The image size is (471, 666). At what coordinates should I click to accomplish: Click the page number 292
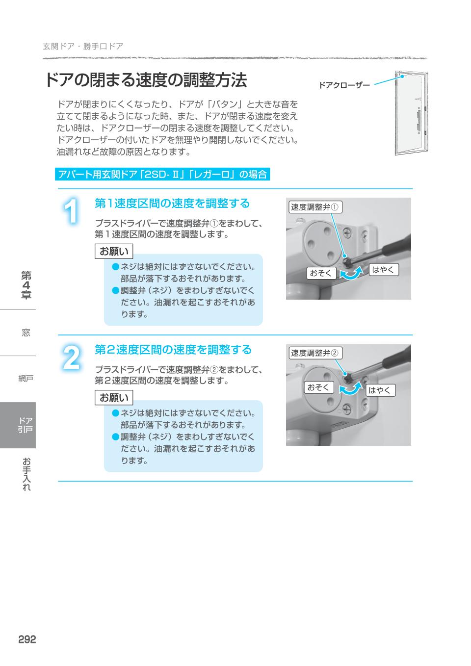point(27,640)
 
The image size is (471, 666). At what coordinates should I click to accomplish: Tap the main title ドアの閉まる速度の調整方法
point(146,80)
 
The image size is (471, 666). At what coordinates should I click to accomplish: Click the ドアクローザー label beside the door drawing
point(344,85)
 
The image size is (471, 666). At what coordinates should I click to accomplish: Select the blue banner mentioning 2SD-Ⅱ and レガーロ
point(162,174)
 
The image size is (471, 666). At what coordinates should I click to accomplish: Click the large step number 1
point(72,212)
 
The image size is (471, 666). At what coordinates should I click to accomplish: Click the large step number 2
point(72,359)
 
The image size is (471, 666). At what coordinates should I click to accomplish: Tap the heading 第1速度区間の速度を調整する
point(172,203)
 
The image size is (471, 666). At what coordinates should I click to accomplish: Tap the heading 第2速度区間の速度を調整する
point(173,350)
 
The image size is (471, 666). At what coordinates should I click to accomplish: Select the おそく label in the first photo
point(321,273)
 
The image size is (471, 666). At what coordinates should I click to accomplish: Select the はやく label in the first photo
point(383,269)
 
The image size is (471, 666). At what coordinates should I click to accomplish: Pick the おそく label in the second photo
point(318,387)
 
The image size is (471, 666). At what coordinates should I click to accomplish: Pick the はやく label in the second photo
point(380,390)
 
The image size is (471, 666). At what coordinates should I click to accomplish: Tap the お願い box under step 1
point(114,252)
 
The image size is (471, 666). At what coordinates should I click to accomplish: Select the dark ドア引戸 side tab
point(18,425)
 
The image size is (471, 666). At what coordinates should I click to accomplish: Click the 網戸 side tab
point(26,379)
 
